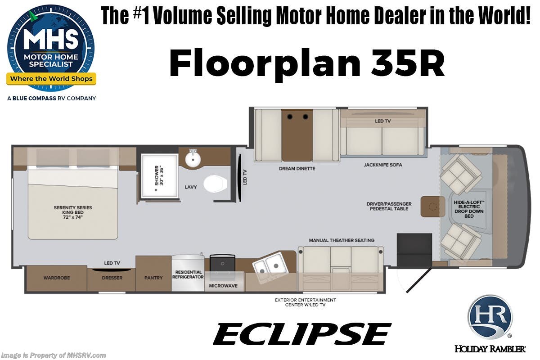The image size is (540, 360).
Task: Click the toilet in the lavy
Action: (215, 184)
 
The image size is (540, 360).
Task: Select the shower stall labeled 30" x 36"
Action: (159, 176)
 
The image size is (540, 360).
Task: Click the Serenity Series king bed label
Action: (73, 212)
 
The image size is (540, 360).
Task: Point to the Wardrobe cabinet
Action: (57, 278)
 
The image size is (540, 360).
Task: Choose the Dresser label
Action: (112, 278)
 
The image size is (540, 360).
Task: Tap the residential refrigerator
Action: (188, 273)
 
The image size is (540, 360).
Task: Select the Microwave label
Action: (223, 286)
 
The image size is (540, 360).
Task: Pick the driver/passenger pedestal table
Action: (433, 207)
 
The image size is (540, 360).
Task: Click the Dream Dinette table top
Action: (297, 135)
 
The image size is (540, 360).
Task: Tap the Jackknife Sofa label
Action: (383, 165)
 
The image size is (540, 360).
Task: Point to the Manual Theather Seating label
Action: (342, 240)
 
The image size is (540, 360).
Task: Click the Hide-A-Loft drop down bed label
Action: (469, 209)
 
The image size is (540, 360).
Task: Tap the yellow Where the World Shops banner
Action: (51, 79)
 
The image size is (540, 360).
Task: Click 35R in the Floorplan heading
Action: (408, 63)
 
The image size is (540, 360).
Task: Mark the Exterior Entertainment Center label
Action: (306, 302)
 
